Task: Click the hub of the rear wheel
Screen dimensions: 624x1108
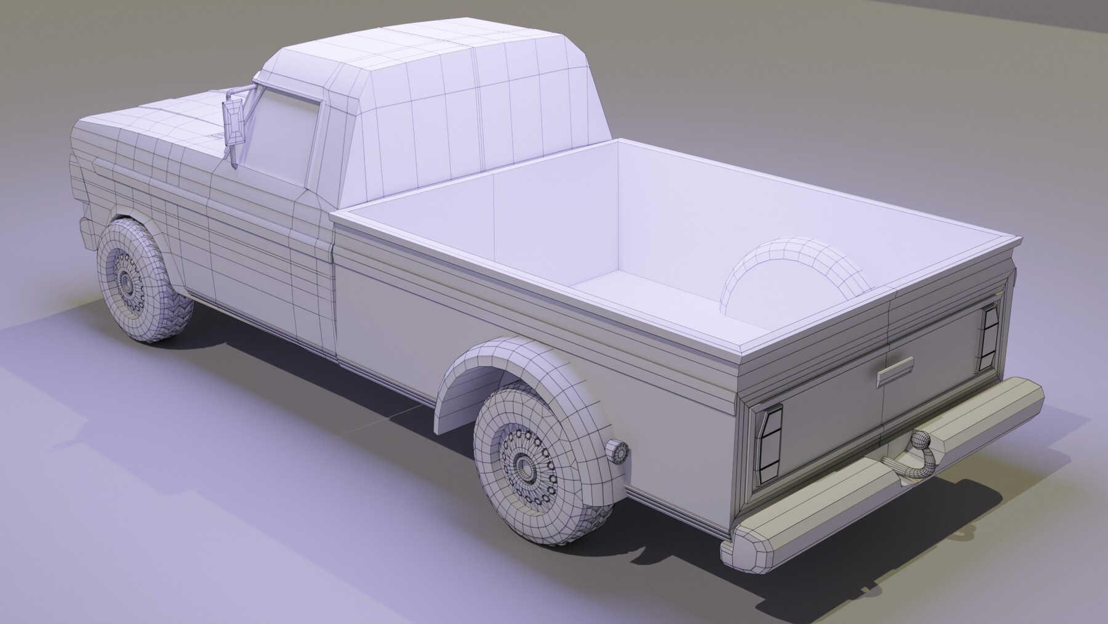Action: (x=524, y=464)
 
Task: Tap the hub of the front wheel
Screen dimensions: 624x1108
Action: (x=127, y=281)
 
